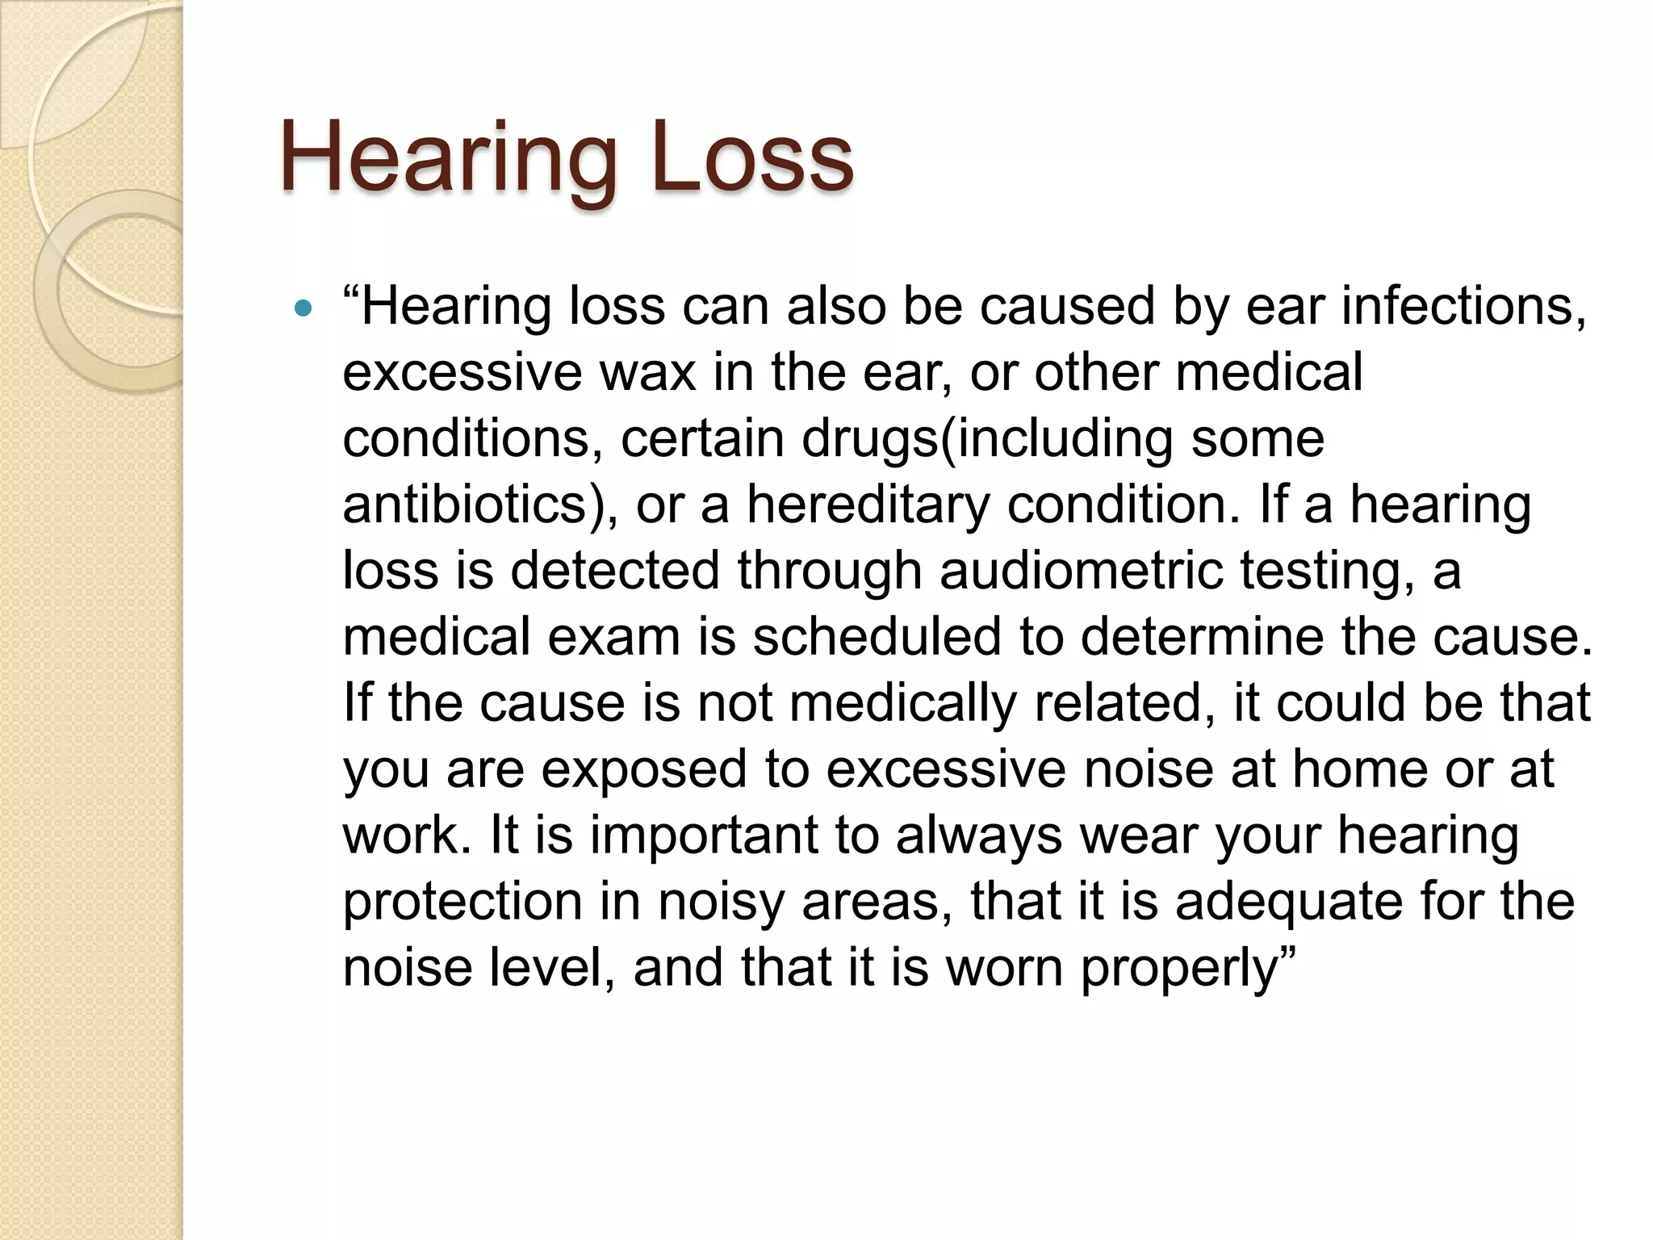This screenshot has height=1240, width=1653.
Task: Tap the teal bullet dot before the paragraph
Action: pos(303,308)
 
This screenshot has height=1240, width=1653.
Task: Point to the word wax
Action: pos(647,373)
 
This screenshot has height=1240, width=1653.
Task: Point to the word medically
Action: pos(902,703)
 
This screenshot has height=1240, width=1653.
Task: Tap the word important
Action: pos(704,836)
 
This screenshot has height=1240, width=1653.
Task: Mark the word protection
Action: pos(462,902)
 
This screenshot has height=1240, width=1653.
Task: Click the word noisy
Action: pos(721,902)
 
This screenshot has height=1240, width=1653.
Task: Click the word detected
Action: pos(614,571)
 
